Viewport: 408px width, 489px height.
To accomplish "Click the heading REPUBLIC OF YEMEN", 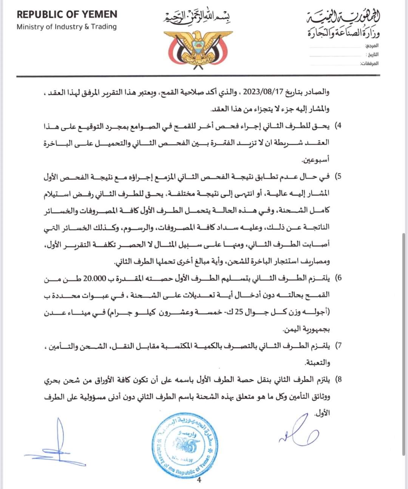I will [67, 15].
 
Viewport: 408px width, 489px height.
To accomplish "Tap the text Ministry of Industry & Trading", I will [66, 27].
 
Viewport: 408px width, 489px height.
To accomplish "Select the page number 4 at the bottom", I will [199, 481].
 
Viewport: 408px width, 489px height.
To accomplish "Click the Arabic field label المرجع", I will [372, 45].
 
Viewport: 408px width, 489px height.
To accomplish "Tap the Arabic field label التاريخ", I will [372, 54].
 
